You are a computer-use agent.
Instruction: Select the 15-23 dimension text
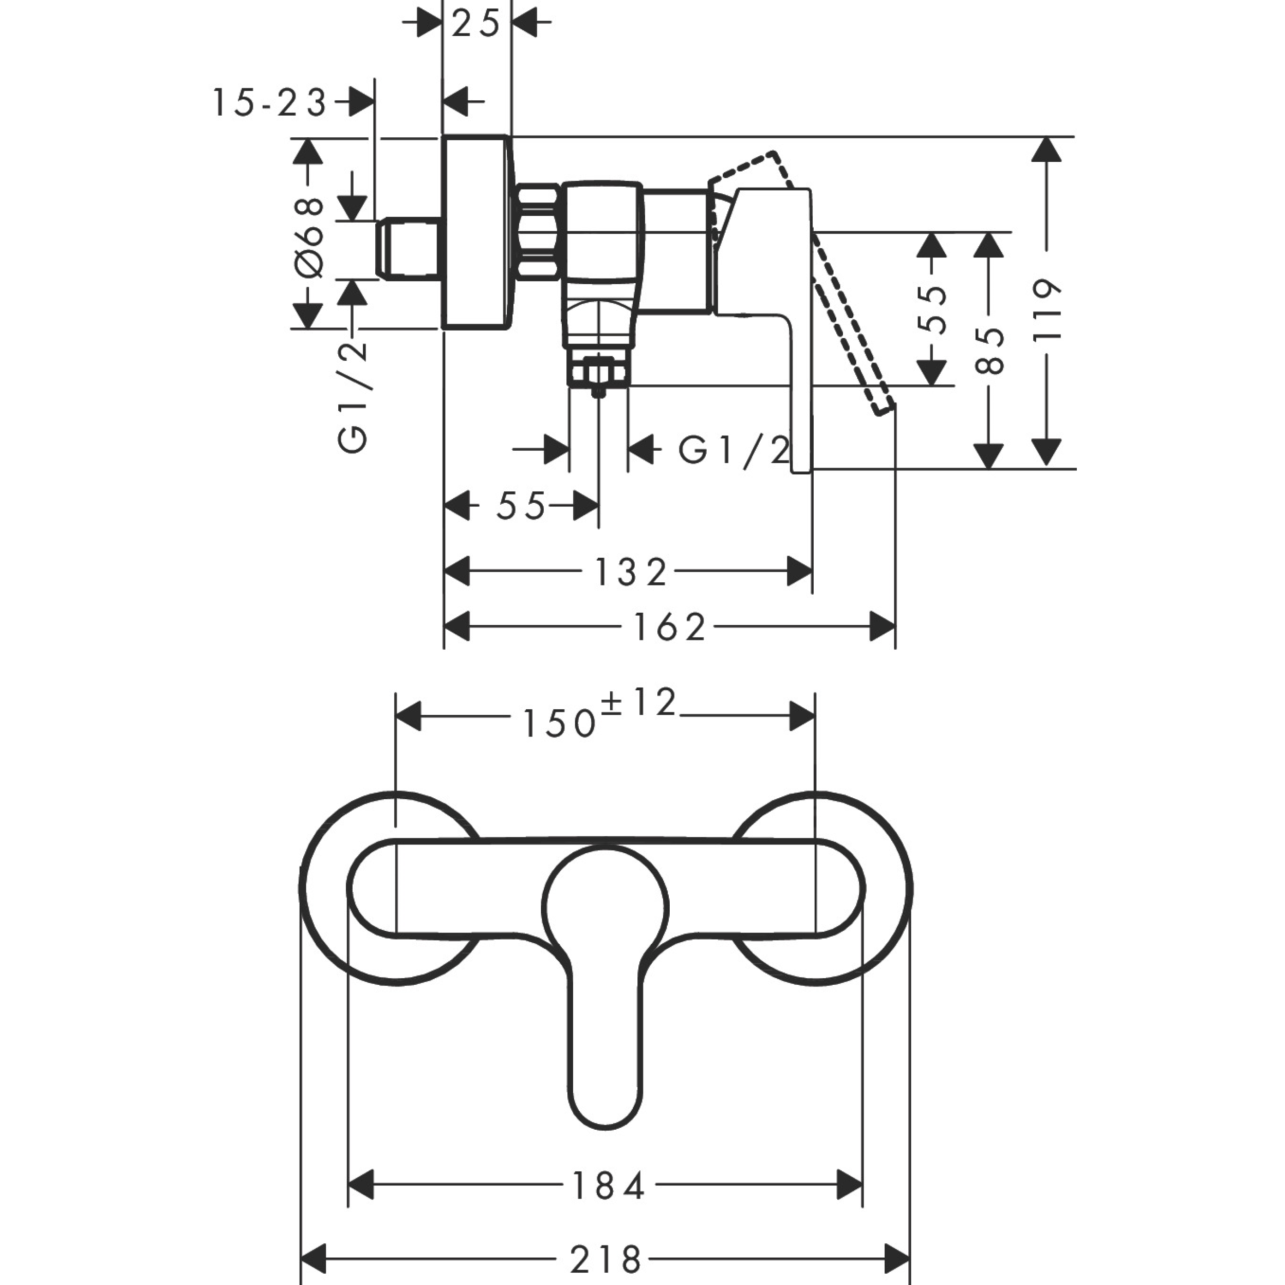pyautogui.click(x=269, y=104)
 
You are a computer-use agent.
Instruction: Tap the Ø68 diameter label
pyautogui.click(x=308, y=237)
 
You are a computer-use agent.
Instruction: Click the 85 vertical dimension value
pyautogui.click(x=989, y=351)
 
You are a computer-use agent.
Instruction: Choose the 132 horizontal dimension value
pyautogui.click(x=630, y=572)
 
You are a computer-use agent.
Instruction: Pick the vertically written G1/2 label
pyautogui.click(x=353, y=397)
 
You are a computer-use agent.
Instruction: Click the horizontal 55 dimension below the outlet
pyautogui.click(x=521, y=507)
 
